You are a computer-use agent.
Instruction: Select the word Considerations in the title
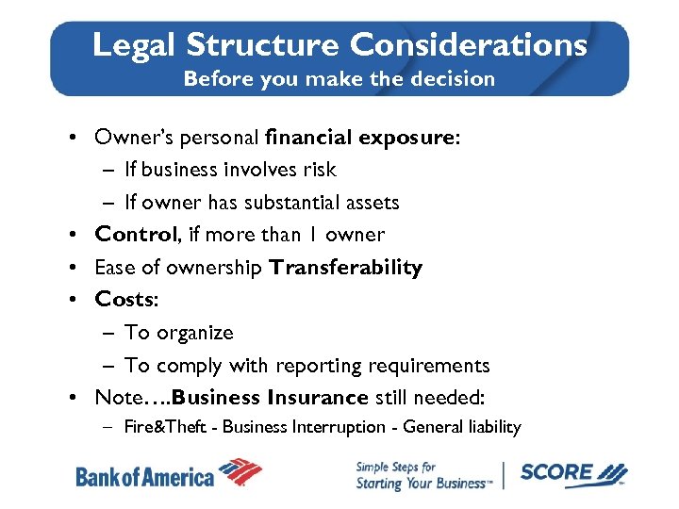(x=468, y=44)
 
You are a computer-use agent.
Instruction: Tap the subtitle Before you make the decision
(x=339, y=78)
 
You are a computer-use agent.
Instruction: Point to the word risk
(x=318, y=170)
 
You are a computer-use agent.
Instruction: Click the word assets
(x=373, y=203)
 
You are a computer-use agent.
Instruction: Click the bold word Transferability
(x=345, y=268)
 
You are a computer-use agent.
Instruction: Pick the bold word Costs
(x=123, y=300)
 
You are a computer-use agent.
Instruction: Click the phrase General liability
(x=461, y=427)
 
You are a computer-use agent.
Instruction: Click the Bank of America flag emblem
(x=240, y=471)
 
